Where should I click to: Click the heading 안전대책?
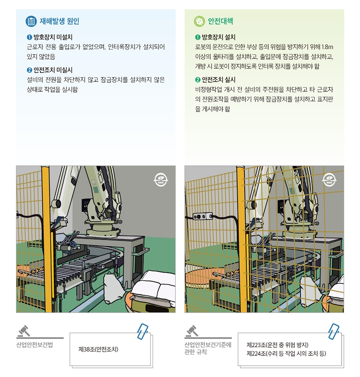pyautogui.click(x=220, y=21)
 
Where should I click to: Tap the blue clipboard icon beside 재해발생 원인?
pyautogui.click(x=31, y=21)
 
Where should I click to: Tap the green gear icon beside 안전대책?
pyautogui.click(x=199, y=21)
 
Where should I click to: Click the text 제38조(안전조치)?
pyautogui.click(x=98, y=349)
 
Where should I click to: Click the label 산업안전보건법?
pyautogui.click(x=35, y=345)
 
